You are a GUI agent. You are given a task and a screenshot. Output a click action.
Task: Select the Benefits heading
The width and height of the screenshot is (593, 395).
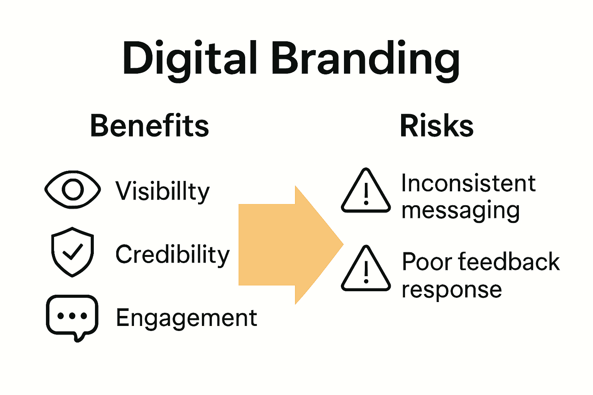pos(149,126)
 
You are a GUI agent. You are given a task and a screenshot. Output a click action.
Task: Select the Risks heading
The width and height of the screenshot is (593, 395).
pos(436,126)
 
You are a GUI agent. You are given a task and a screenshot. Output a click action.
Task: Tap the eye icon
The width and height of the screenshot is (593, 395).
pos(73,189)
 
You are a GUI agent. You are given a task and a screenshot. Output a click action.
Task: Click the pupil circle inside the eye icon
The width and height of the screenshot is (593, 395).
pos(73,189)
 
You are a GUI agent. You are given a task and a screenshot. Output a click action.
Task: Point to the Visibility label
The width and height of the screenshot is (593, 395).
pos(163,191)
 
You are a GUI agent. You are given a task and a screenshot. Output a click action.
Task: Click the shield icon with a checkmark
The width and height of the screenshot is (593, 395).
pos(73,252)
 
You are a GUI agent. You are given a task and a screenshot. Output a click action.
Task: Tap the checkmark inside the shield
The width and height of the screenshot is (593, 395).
pos(73,252)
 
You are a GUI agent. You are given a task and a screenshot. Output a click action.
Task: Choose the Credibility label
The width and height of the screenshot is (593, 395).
pos(173,255)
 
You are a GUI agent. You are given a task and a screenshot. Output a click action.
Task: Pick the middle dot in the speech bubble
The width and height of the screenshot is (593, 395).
pos(72,316)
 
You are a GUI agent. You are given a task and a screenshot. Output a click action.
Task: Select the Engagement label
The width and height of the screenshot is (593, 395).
pos(186,318)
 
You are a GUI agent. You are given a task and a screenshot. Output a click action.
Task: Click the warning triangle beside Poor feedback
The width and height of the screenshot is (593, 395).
pos(366,270)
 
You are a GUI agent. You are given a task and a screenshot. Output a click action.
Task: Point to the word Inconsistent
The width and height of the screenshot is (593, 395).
pos(468,183)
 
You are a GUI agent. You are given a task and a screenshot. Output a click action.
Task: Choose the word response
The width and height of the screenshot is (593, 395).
pos(452,290)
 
